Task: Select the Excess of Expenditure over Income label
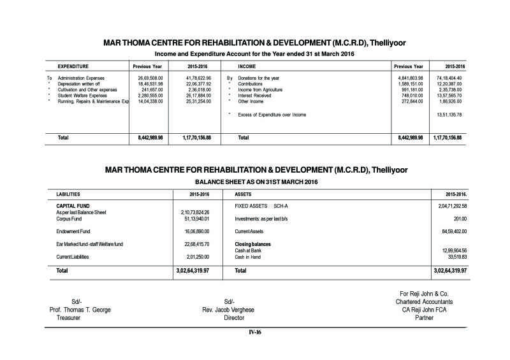(x=272, y=115)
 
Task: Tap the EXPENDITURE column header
(x=73, y=66)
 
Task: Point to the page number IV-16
(x=255, y=333)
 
